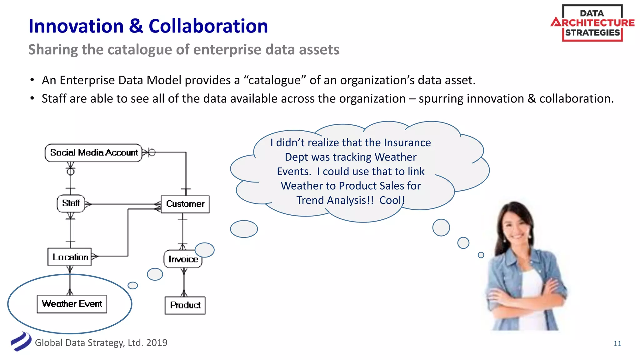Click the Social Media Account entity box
click(93, 153)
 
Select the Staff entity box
click(71, 203)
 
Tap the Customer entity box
click(185, 204)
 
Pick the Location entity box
click(70, 257)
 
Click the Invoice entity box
click(182, 259)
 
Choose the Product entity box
click(185, 305)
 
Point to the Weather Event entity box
click(72, 304)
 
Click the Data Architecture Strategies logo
click(592, 23)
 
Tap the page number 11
click(617, 343)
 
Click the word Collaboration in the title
click(208, 26)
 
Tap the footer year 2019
click(157, 343)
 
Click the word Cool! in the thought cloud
click(392, 200)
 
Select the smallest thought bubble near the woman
click(481, 255)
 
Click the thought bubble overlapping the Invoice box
click(205, 250)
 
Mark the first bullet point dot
click(32, 80)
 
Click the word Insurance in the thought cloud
click(407, 143)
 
